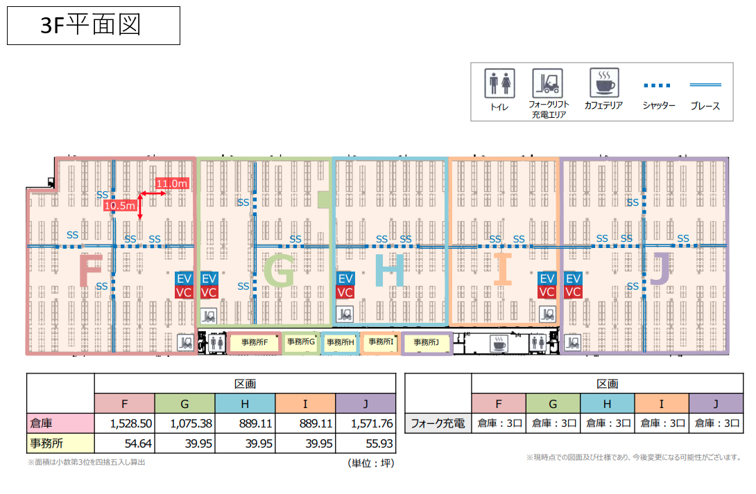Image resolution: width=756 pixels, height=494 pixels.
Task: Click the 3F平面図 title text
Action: (x=91, y=25)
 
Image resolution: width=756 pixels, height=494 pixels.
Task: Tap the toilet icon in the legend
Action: (x=499, y=83)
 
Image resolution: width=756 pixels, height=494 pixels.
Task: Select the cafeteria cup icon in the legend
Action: (x=604, y=83)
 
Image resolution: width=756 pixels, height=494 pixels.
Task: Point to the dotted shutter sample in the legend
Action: (x=657, y=86)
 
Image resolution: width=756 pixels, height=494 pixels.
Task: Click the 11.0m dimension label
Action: (x=171, y=184)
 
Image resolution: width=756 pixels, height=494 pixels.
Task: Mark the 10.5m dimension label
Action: (x=119, y=206)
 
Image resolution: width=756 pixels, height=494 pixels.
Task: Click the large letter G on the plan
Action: (x=279, y=271)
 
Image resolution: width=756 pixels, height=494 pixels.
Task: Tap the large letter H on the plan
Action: (x=390, y=270)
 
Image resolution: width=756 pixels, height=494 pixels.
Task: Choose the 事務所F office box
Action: (x=254, y=342)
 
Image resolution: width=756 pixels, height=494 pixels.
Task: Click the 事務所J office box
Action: (x=427, y=343)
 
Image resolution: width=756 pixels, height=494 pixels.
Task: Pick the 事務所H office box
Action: (x=341, y=342)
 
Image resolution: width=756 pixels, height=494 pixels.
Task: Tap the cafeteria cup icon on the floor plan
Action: (x=499, y=343)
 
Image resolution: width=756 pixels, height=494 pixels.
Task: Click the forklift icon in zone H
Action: (x=344, y=315)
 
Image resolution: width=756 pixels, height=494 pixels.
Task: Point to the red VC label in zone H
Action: (x=345, y=292)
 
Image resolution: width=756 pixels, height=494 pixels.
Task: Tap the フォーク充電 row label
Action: (x=438, y=423)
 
